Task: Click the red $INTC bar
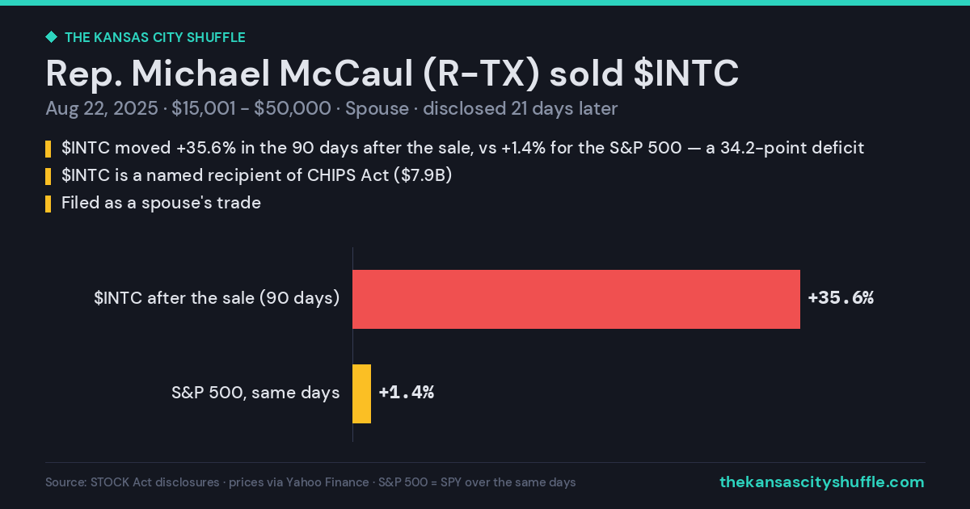576,299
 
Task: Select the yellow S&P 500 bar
361,394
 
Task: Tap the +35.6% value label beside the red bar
841,298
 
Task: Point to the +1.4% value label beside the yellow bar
406,393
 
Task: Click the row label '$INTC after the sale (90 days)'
217,298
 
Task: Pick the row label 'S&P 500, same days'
255,393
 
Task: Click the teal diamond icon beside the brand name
51,37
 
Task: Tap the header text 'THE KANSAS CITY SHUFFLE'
155,38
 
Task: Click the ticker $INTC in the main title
686,74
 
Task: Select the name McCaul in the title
346,74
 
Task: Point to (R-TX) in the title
481,74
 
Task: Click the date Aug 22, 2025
102,108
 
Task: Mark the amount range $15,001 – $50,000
251,108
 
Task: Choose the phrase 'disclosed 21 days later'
520,108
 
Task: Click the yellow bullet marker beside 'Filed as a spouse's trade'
48,204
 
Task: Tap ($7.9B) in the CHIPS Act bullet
423,175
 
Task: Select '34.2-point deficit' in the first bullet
792,148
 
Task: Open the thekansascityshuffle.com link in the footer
822,482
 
